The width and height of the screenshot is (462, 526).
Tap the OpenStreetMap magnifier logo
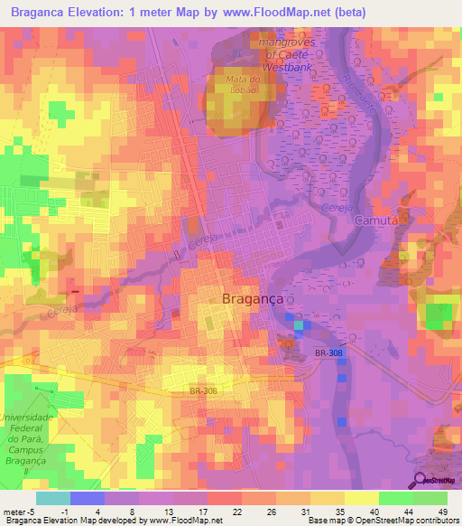coord(420,479)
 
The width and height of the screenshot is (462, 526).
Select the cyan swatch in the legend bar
coord(53,498)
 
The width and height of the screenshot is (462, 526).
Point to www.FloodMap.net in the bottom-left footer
coord(182,521)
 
